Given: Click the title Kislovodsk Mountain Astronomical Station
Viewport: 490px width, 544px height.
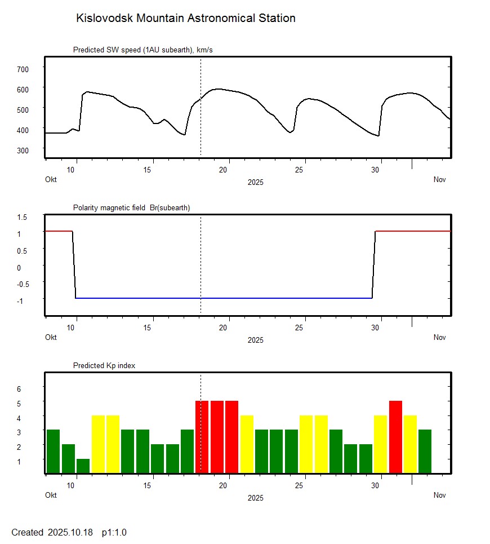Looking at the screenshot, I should click(x=185, y=19).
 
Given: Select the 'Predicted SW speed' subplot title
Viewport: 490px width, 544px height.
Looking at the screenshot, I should click(x=142, y=50).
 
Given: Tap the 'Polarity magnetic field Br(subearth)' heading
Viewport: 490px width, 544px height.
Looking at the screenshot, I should click(x=131, y=208).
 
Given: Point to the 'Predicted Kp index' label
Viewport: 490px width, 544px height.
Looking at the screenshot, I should click(x=104, y=366).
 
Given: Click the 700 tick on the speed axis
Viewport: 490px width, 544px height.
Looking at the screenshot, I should click(x=23, y=69).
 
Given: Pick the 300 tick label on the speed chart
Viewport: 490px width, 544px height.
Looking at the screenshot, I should click(x=23, y=150).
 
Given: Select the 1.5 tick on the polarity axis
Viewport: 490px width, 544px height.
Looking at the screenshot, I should click(x=23, y=217).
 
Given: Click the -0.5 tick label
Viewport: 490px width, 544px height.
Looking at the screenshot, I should click(x=21, y=284).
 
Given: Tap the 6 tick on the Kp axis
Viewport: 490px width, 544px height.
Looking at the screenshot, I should click(x=19, y=389).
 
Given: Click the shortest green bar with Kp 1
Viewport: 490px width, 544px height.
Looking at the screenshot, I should click(x=83, y=466).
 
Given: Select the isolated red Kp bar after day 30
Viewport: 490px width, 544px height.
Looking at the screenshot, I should click(x=395, y=437).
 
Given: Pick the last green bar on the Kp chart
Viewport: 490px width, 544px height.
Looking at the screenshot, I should click(x=425, y=451).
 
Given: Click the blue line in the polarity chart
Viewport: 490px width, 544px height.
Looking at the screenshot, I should click(x=225, y=298).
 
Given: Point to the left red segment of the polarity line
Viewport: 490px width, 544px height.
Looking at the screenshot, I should click(x=58, y=231).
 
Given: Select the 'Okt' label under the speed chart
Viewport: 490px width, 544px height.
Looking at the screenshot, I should click(x=51, y=180).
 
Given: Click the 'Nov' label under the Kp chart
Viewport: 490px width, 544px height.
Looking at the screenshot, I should click(x=439, y=496).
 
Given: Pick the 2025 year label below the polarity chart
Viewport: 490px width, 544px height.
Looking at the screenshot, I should click(x=255, y=340).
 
